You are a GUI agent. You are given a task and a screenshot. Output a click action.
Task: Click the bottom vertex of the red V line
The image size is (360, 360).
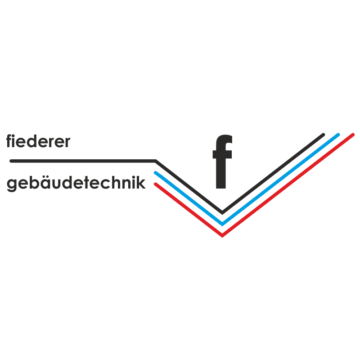[x=222, y=235]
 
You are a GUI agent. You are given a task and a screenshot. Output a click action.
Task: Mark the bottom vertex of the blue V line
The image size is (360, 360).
[x=222, y=224]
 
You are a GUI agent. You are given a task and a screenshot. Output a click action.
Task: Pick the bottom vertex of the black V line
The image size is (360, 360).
[x=222, y=212]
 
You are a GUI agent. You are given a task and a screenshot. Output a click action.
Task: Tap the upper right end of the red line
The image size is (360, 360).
[x=353, y=134]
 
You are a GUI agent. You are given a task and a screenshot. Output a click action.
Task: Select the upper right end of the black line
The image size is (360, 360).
[x=324, y=134]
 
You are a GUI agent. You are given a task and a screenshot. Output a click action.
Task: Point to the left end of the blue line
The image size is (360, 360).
[x=155, y=172]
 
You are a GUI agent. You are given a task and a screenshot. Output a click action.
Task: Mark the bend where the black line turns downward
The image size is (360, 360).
[x=156, y=160]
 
